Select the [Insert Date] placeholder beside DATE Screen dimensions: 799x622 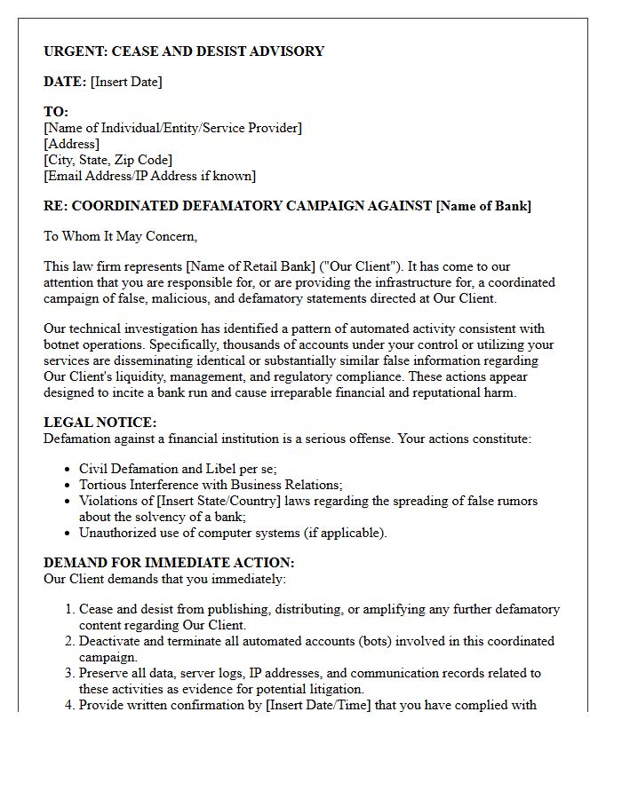pos(126,82)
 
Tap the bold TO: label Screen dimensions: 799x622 pos(56,112)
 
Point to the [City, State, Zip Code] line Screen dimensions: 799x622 pos(108,160)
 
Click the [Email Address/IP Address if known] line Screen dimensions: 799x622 pos(149,176)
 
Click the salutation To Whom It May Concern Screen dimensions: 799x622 pos(120,236)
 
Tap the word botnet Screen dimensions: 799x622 pos(63,344)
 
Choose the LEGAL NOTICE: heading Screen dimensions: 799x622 pos(100,423)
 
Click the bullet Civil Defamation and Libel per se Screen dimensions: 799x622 pos(178,469)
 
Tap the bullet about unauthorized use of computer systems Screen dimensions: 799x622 pos(233,533)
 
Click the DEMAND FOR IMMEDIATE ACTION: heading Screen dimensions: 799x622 pos(169,563)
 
